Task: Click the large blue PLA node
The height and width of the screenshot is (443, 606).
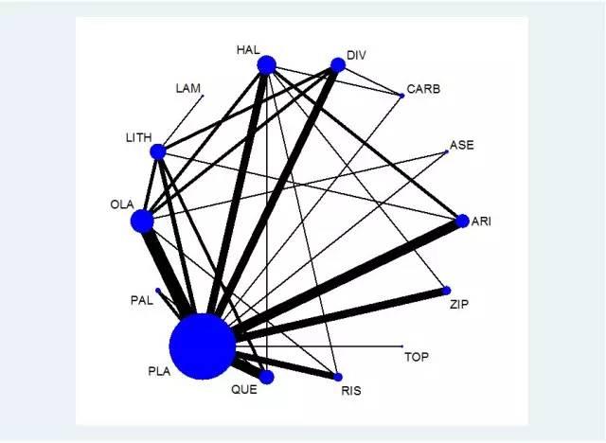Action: [x=202, y=346]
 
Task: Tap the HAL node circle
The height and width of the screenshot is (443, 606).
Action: [x=266, y=65]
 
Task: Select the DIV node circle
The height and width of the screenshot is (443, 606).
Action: [x=337, y=65]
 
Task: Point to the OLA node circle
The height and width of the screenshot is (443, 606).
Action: [x=142, y=221]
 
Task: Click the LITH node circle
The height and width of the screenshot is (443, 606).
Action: [x=158, y=151]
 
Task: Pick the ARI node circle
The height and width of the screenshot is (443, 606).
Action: [x=462, y=221]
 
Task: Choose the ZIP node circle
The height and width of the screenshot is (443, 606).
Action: [x=446, y=291]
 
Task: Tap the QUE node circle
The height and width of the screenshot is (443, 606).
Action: [x=266, y=377]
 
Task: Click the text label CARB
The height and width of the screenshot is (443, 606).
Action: [x=423, y=90]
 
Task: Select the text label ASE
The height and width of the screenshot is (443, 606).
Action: [x=462, y=146]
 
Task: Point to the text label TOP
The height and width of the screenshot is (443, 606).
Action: [x=417, y=357]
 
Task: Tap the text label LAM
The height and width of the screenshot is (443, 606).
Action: [x=188, y=88]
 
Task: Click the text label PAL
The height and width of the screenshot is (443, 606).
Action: [x=141, y=300]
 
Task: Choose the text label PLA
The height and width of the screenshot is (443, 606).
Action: [x=159, y=371]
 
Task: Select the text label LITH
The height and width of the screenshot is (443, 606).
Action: [x=138, y=138]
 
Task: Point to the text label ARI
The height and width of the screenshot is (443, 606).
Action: [x=481, y=221]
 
